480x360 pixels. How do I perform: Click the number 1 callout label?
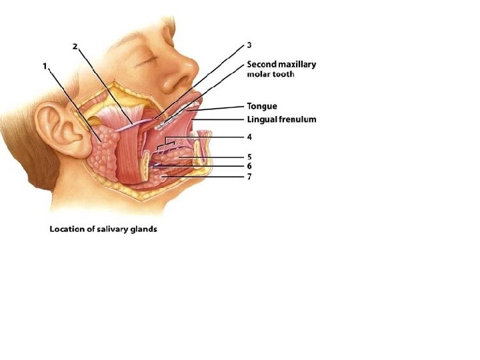44,66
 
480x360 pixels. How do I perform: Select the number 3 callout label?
249,45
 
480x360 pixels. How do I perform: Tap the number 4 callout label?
249,137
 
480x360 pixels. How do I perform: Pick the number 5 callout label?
249,157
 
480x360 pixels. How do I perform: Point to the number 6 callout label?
249,166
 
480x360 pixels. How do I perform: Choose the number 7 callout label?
249,177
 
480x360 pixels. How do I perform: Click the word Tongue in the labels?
261,106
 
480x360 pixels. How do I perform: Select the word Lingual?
262,120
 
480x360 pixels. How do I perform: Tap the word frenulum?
297,120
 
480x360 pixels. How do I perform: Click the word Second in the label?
262,65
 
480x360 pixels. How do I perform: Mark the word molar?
259,75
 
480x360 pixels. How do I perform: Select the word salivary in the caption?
116,229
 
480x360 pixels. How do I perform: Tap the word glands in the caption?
146,229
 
